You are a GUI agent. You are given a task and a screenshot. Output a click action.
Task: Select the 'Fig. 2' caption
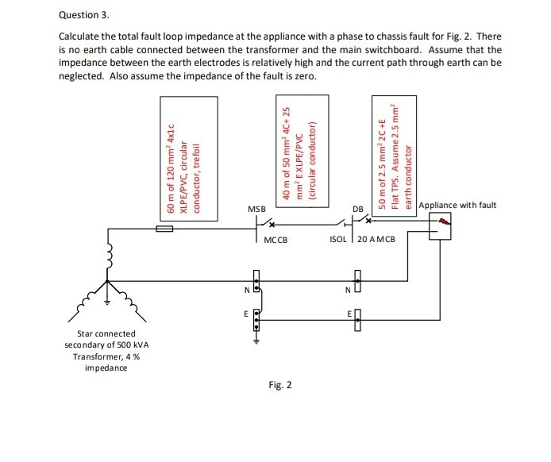pyautogui.click(x=279, y=385)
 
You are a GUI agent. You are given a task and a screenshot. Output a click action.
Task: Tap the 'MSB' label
pyautogui.click(x=256, y=209)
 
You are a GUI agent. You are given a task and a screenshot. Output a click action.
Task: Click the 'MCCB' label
pyautogui.click(x=275, y=239)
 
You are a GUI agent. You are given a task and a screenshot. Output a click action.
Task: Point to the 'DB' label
pyautogui.click(x=358, y=210)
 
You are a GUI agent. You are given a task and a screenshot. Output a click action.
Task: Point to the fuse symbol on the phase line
pyautogui.click(x=165, y=228)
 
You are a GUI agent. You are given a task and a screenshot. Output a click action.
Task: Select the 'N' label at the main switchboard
pyautogui.click(x=246, y=290)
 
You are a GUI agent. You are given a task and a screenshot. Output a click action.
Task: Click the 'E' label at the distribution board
pyautogui.click(x=347, y=315)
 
